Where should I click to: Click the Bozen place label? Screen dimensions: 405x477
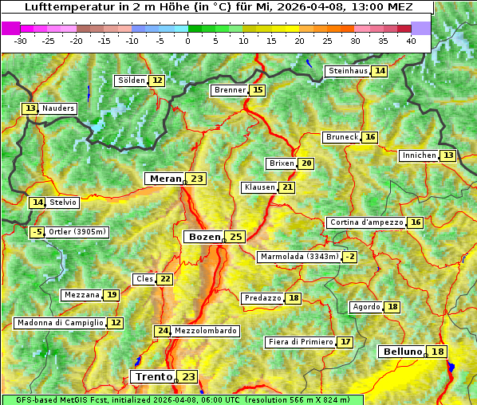click(x=204, y=237)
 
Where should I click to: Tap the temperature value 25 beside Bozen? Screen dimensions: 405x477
click(x=236, y=237)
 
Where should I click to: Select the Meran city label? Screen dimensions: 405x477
click(x=164, y=179)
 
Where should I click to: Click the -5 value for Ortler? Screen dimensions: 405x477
click(x=37, y=232)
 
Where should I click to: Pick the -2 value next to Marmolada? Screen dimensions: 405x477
click(x=349, y=257)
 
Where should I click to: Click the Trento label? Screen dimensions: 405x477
click(x=154, y=376)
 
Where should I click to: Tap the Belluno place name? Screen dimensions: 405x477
click(x=401, y=352)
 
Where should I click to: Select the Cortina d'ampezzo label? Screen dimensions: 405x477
click(x=365, y=222)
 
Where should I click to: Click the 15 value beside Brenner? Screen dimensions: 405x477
click(x=257, y=90)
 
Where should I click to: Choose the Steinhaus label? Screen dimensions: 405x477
click(x=348, y=71)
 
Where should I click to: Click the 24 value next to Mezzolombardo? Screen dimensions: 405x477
click(x=163, y=331)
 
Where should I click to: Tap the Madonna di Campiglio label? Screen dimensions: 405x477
click(x=60, y=323)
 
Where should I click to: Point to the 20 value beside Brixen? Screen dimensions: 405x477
click(x=306, y=163)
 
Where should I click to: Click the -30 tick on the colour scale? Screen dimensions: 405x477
click(x=21, y=41)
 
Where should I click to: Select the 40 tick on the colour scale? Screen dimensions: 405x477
click(x=411, y=41)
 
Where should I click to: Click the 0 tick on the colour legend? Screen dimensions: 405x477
click(x=187, y=41)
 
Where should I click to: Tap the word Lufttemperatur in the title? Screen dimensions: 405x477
click(x=60, y=7)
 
